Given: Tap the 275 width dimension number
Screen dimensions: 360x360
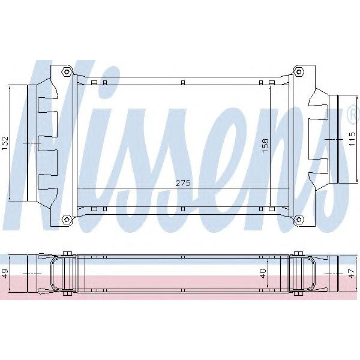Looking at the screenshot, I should (x=182, y=183).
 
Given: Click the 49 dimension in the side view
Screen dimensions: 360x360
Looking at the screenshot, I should (x=5, y=274).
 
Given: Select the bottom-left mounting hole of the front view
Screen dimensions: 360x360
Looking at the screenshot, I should (x=67, y=219).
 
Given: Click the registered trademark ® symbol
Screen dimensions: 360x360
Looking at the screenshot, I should (x=350, y=112).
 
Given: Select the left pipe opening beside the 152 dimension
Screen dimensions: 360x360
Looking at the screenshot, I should (x=28, y=143).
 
